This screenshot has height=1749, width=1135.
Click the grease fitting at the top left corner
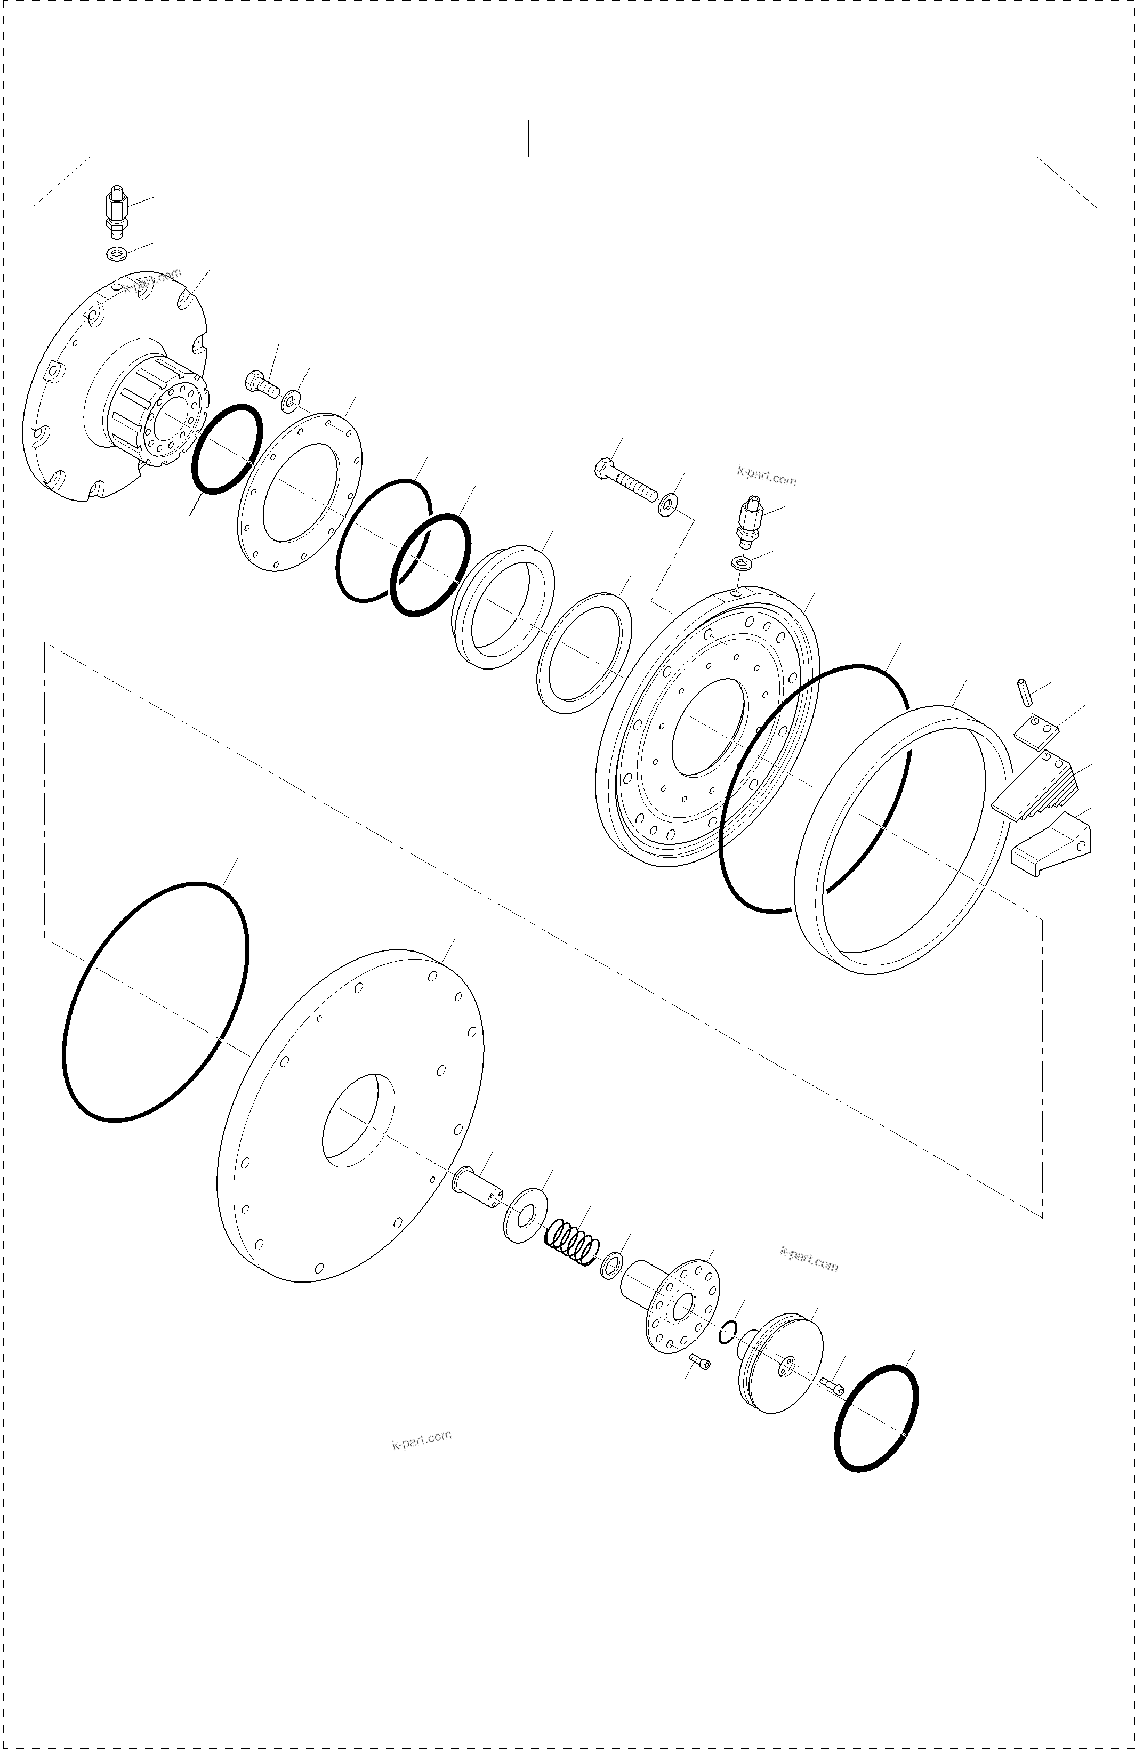[115, 212]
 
